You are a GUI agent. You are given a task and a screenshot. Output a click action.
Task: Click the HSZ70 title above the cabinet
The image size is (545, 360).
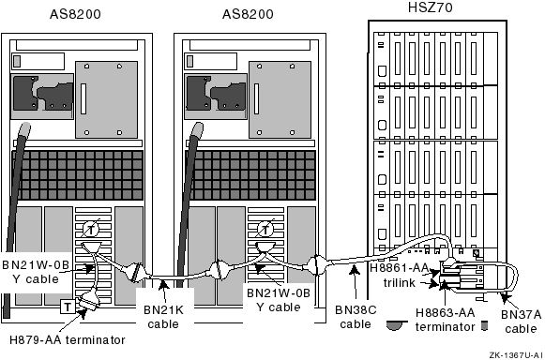[431, 7]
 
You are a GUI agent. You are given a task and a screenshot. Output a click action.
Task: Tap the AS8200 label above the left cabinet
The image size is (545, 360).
[75, 14]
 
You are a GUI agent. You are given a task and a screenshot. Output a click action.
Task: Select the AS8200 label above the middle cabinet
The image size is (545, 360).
[248, 14]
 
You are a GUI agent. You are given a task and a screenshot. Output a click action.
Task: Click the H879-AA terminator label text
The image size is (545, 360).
[68, 340]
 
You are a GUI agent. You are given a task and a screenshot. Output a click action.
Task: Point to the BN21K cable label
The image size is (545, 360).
[163, 317]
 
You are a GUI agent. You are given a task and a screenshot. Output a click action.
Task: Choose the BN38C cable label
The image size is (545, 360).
[356, 317]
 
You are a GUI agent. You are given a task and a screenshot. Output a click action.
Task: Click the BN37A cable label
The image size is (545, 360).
[521, 322]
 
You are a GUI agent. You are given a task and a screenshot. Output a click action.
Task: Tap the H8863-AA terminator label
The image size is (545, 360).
[446, 320]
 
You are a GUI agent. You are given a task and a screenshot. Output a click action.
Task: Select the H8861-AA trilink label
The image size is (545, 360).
[400, 276]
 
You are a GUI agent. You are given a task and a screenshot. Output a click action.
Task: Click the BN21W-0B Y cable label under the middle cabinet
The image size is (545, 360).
[279, 300]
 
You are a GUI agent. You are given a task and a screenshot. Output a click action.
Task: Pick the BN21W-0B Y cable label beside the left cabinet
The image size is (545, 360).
[36, 272]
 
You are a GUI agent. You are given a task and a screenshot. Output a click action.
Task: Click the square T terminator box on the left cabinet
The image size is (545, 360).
[68, 307]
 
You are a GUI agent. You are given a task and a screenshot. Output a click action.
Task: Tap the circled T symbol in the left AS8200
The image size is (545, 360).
[91, 230]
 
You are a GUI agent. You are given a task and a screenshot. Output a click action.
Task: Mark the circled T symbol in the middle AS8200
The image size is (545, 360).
[265, 230]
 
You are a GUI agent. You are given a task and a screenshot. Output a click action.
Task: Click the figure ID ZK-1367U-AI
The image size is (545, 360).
[516, 355]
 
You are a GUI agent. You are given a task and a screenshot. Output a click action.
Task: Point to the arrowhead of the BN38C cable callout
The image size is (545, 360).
[355, 270]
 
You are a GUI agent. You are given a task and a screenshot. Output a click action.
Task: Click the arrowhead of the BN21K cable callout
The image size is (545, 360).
[163, 285]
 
